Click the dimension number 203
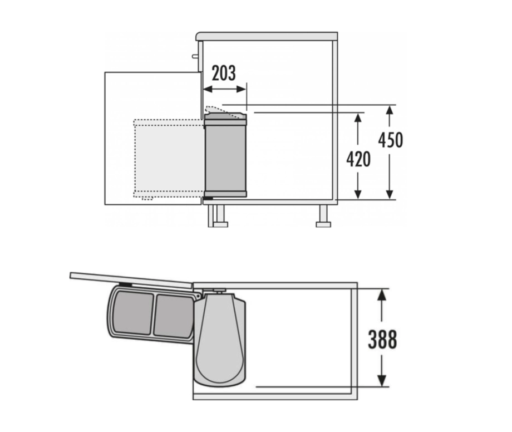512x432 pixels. tap(224, 73)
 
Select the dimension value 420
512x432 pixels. tap(358, 159)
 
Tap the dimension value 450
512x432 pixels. tap(391, 140)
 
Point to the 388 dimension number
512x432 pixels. tap(383, 339)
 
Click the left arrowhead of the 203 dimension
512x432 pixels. tap(208, 89)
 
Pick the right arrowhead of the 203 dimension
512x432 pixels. tap(241, 89)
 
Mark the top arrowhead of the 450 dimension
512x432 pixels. tap(389, 110)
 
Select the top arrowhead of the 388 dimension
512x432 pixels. tap(381, 295)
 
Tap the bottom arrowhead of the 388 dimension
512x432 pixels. tap(381, 381)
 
